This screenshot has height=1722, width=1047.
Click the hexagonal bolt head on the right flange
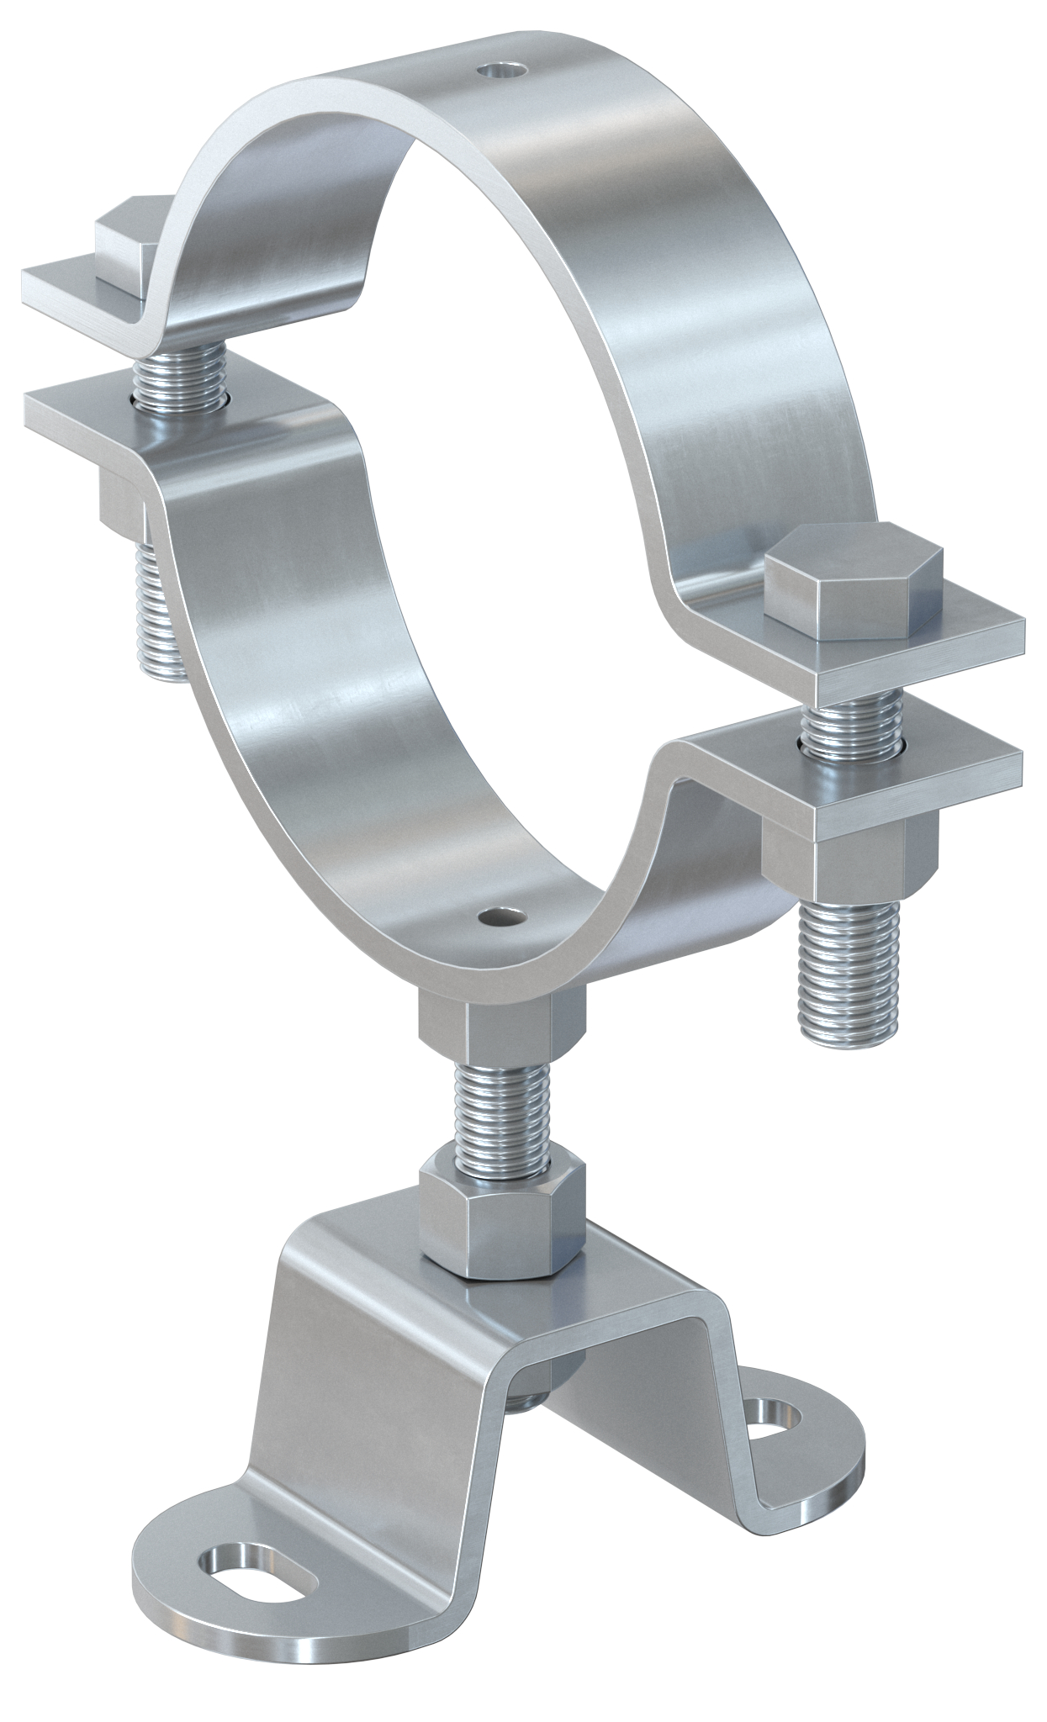pos(853,579)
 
